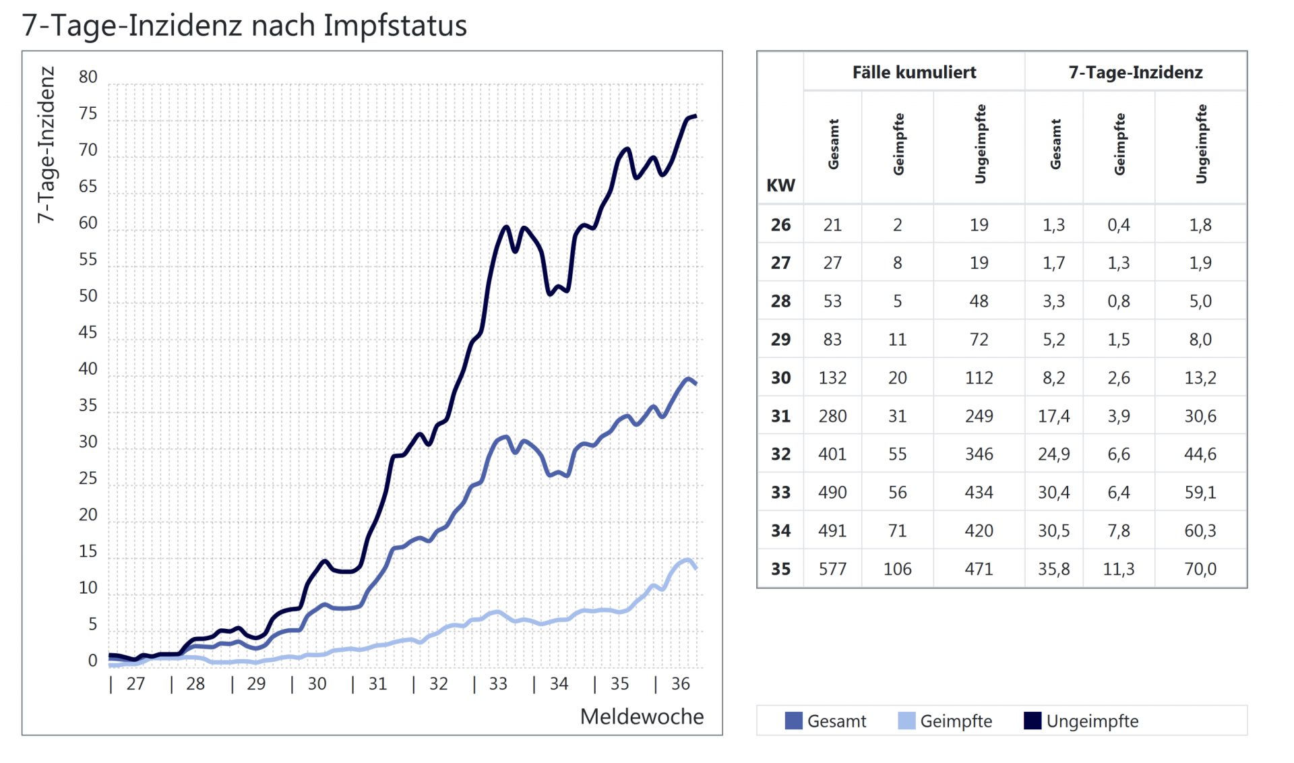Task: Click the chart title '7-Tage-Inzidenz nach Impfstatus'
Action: [x=244, y=26]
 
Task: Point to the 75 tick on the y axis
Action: [x=88, y=113]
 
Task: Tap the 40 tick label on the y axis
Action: [x=88, y=369]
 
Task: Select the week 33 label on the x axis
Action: [x=498, y=683]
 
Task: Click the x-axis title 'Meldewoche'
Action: [x=642, y=716]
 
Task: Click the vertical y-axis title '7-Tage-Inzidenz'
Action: [x=46, y=144]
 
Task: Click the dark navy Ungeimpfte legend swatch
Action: [x=1033, y=721]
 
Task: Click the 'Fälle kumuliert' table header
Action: [x=914, y=72]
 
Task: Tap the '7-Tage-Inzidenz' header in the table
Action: [x=1136, y=72]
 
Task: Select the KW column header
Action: [x=780, y=185]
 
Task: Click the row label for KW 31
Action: [x=780, y=416]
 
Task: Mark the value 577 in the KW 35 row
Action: [x=832, y=569]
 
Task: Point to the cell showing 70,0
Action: [x=1200, y=569]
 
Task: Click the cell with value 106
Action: [x=897, y=569]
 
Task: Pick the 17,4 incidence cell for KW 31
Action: [x=1053, y=416]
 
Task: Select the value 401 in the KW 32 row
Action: [x=832, y=454]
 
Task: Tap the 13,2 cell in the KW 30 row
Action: [x=1200, y=377]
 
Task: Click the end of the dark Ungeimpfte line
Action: [x=696, y=117]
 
